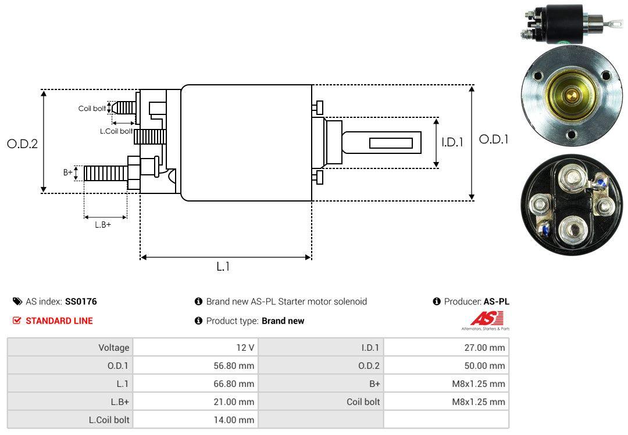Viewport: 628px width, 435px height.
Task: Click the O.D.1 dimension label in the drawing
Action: pos(494,139)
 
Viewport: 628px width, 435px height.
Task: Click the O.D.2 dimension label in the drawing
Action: pos(22,143)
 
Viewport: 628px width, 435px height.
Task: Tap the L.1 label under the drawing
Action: pos(223,267)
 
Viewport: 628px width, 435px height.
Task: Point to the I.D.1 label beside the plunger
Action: pos(452,141)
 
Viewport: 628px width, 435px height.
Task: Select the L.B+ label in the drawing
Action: pos(103,225)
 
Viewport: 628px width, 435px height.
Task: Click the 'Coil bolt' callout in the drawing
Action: pos(92,109)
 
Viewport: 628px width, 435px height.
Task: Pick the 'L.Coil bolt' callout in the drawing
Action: pos(116,131)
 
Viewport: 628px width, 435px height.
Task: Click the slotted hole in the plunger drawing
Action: pos(391,143)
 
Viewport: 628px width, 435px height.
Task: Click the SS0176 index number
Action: pos(81,301)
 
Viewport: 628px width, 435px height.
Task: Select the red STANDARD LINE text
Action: pos(59,321)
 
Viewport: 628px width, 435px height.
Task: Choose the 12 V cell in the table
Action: pos(195,348)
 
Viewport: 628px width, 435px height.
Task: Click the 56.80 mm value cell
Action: pos(195,366)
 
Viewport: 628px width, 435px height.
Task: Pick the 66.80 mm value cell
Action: pos(195,384)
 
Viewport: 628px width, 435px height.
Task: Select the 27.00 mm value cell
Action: pos(446,348)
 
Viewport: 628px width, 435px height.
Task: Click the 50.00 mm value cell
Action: pos(446,366)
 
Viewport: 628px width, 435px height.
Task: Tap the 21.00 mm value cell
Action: pos(195,402)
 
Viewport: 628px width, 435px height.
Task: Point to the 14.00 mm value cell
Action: pos(195,420)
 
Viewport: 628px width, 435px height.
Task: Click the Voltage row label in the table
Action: pos(113,348)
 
